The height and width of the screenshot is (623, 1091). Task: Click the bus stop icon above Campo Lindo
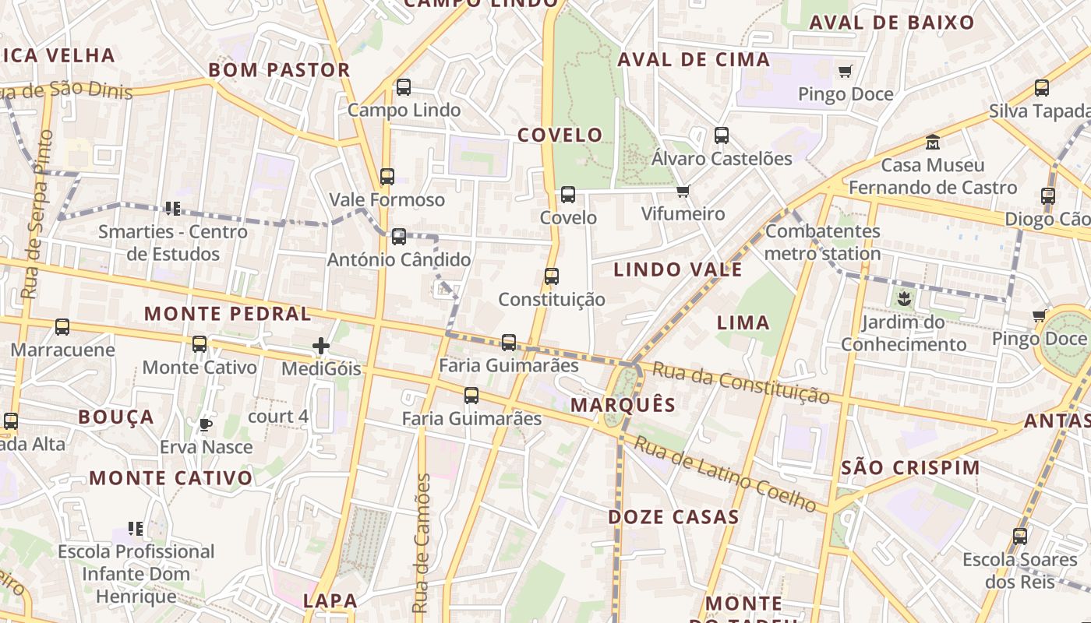pyautogui.click(x=404, y=86)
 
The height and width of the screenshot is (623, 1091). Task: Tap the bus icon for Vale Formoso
pyautogui.click(x=387, y=177)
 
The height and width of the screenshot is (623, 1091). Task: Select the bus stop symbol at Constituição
pyautogui.click(x=552, y=276)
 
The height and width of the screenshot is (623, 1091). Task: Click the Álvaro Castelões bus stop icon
pyautogui.click(x=722, y=136)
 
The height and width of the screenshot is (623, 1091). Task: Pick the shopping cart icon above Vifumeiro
pyautogui.click(x=683, y=191)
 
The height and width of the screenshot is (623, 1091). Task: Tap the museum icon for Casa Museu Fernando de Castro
pyautogui.click(x=933, y=143)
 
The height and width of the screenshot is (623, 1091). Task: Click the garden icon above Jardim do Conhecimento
pyautogui.click(x=904, y=298)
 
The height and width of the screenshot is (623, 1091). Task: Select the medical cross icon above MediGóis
pyautogui.click(x=321, y=346)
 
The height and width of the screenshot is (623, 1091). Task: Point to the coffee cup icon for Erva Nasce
pyautogui.click(x=206, y=424)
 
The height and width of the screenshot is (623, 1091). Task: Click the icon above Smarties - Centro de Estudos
pyautogui.click(x=173, y=208)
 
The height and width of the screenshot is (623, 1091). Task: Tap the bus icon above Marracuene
pyautogui.click(x=62, y=327)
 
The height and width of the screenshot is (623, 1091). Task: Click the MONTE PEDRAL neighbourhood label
pyautogui.click(x=228, y=314)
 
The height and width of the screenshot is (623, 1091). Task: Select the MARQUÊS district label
pyautogui.click(x=623, y=405)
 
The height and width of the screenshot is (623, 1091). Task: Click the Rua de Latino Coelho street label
pyautogui.click(x=725, y=473)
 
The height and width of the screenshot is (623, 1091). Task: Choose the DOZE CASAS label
pyautogui.click(x=673, y=517)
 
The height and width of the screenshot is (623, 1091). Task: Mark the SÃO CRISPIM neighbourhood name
pyautogui.click(x=912, y=467)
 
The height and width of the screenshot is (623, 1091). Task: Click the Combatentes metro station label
pyautogui.click(x=823, y=242)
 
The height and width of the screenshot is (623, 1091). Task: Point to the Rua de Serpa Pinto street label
pyautogui.click(x=37, y=214)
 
